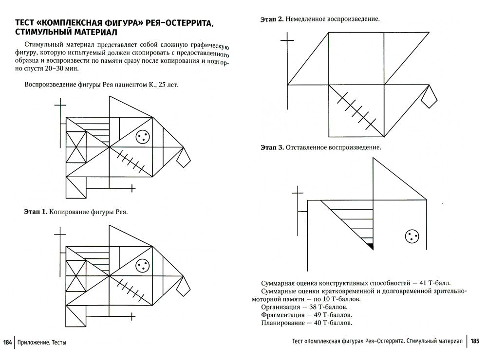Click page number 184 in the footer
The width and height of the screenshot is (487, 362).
coord(7,342)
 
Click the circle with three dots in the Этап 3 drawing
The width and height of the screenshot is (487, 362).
coord(412,237)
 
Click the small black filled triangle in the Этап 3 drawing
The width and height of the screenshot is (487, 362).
coord(370,246)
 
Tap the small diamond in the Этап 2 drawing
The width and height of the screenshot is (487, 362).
coord(429,99)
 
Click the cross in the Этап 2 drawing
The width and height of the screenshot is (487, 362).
coord(287,40)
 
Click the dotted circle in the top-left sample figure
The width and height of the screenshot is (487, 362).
coord(142,137)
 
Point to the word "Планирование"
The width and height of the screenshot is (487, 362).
coord(281,323)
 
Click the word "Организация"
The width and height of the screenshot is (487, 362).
coord(279,307)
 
